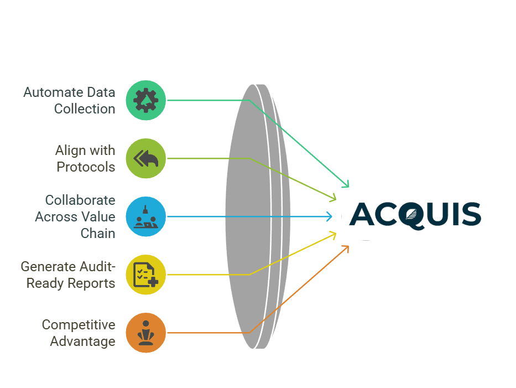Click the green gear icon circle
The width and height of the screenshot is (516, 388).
(x=145, y=100)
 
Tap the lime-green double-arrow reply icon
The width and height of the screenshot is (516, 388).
(x=145, y=158)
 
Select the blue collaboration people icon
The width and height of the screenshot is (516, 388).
(x=145, y=216)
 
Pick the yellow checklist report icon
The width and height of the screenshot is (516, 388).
(x=145, y=275)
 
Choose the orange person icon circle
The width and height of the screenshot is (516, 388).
(x=145, y=333)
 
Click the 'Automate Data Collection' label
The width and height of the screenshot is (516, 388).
(x=69, y=100)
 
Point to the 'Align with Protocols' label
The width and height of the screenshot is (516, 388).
(x=85, y=158)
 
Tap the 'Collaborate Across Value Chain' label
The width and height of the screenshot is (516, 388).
(x=75, y=216)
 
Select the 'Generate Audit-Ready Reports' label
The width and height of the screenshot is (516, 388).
(x=68, y=275)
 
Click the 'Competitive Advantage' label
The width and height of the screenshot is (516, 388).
(x=79, y=333)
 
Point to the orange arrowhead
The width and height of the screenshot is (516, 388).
(x=347, y=247)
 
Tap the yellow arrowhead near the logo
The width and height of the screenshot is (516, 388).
(x=334, y=235)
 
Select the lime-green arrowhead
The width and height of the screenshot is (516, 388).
(x=334, y=198)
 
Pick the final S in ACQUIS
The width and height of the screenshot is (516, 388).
(x=470, y=214)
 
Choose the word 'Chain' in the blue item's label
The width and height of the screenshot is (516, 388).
(x=98, y=233)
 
